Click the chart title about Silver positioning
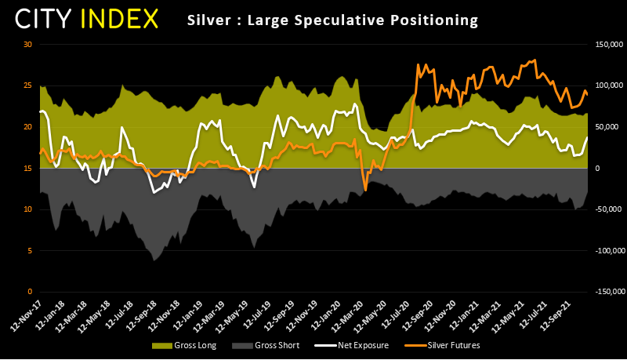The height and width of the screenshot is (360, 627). click(x=332, y=18)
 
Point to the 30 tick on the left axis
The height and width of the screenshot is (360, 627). click(x=27, y=44)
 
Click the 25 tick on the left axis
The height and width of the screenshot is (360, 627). click(x=27, y=85)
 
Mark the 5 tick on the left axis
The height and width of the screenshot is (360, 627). click(x=30, y=251)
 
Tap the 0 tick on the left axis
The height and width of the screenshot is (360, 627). click(x=30, y=292)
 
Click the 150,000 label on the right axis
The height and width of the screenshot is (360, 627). click(x=608, y=44)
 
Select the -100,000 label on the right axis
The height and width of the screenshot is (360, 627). click(x=607, y=251)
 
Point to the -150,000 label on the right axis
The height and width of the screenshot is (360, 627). click(x=607, y=292)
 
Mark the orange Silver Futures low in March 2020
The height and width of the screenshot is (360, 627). click(x=365, y=190)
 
